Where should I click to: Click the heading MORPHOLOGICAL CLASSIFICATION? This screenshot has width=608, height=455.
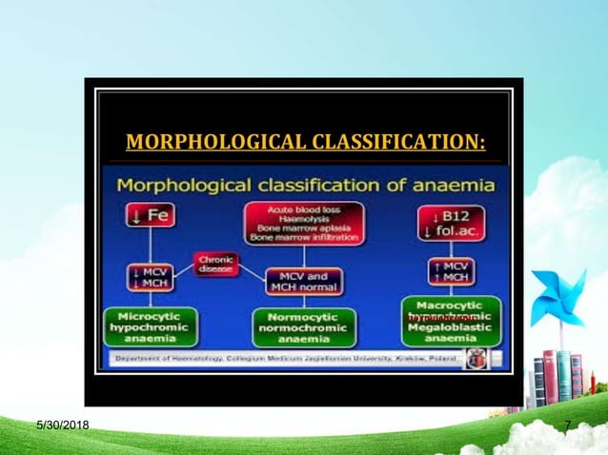click(x=305, y=144)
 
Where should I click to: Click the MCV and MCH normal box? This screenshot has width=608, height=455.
click(x=303, y=281)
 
